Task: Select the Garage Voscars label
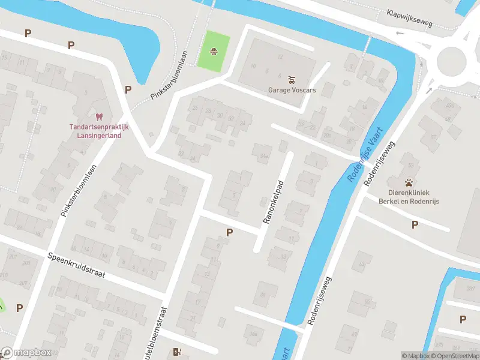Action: point(292,91)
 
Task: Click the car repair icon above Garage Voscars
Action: point(292,79)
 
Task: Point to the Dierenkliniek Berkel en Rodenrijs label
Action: point(409,197)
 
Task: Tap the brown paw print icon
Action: point(409,183)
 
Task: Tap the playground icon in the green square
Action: point(214,52)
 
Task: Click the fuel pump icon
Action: point(176,352)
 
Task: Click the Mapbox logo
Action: point(26,353)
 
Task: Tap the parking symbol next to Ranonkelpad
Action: point(229,232)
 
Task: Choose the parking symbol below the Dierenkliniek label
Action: point(415,224)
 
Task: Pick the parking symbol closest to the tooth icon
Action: point(128,89)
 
